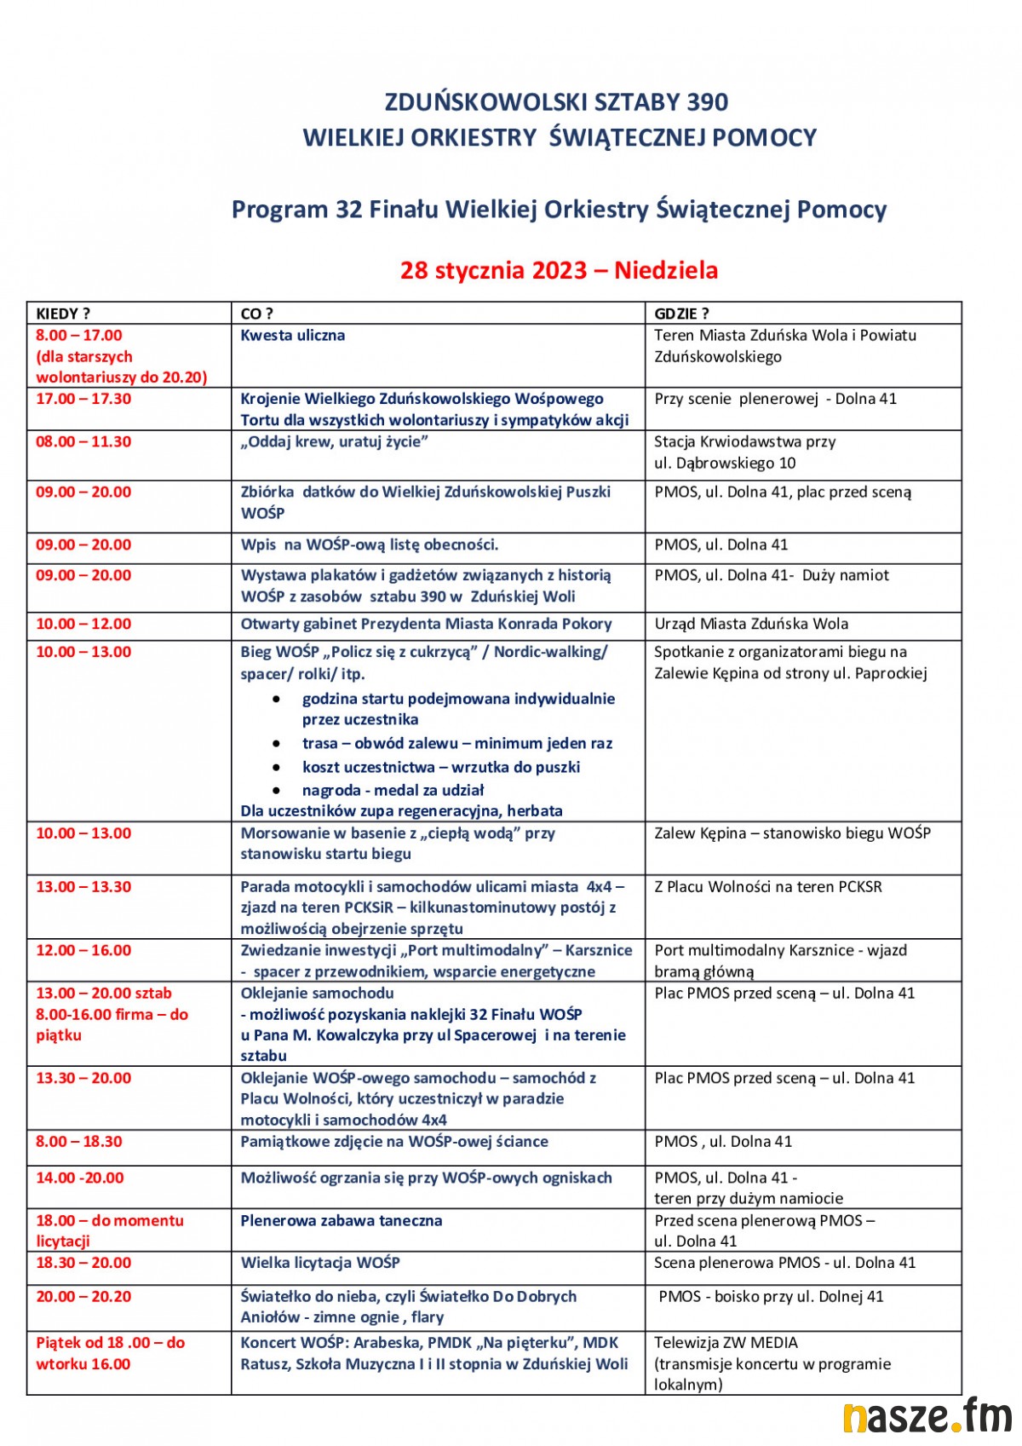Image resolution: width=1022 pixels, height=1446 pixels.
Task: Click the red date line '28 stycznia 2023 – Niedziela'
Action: point(559,270)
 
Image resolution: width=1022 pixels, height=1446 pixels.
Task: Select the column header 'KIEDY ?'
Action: point(63,314)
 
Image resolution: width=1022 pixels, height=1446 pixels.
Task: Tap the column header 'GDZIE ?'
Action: point(681,314)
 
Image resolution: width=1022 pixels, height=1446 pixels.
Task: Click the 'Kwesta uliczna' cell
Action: point(293,335)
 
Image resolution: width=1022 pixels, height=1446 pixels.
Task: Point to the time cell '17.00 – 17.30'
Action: point(83,399)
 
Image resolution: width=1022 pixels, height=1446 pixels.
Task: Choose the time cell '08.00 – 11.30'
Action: point(83,441)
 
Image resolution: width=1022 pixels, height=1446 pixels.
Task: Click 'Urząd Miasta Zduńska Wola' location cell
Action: point(751,624)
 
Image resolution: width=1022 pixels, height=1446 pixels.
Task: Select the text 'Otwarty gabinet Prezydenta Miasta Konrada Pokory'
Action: point(426,624)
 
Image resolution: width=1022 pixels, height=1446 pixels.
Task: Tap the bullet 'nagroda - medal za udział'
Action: point(393,790)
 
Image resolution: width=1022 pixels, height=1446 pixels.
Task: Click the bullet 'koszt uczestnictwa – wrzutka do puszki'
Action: point(441,767)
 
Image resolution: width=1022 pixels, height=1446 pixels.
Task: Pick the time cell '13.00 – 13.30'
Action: point(83,886)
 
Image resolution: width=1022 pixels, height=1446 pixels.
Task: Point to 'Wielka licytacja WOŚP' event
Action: point(320,1262)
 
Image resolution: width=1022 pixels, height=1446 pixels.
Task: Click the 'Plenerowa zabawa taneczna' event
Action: point(342,1220)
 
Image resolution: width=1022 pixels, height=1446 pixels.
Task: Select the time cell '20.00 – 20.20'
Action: point(83,1296)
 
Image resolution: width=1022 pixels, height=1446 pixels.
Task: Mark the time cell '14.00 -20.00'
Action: point(80,1178)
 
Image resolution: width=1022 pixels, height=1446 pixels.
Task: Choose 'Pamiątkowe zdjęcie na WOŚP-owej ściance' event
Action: point(394,1141)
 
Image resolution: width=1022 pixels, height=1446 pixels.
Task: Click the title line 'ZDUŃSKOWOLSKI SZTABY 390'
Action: point(557,102)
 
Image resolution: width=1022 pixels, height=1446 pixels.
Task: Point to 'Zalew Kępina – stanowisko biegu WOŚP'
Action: point(792,832)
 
